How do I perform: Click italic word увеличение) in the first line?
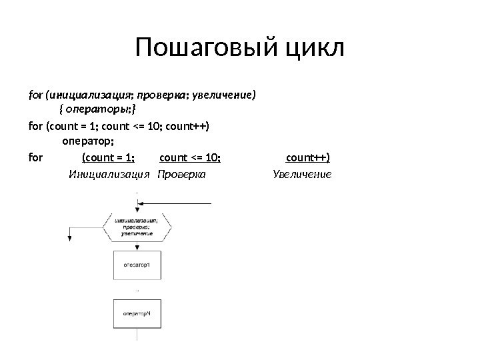click(223, 95)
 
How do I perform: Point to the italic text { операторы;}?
click(97, 109)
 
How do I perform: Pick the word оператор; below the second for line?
click(88, 141)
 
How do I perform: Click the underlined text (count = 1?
click(108, 157)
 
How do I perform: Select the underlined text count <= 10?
click(191, 157)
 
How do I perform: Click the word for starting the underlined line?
click(36, 157)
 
